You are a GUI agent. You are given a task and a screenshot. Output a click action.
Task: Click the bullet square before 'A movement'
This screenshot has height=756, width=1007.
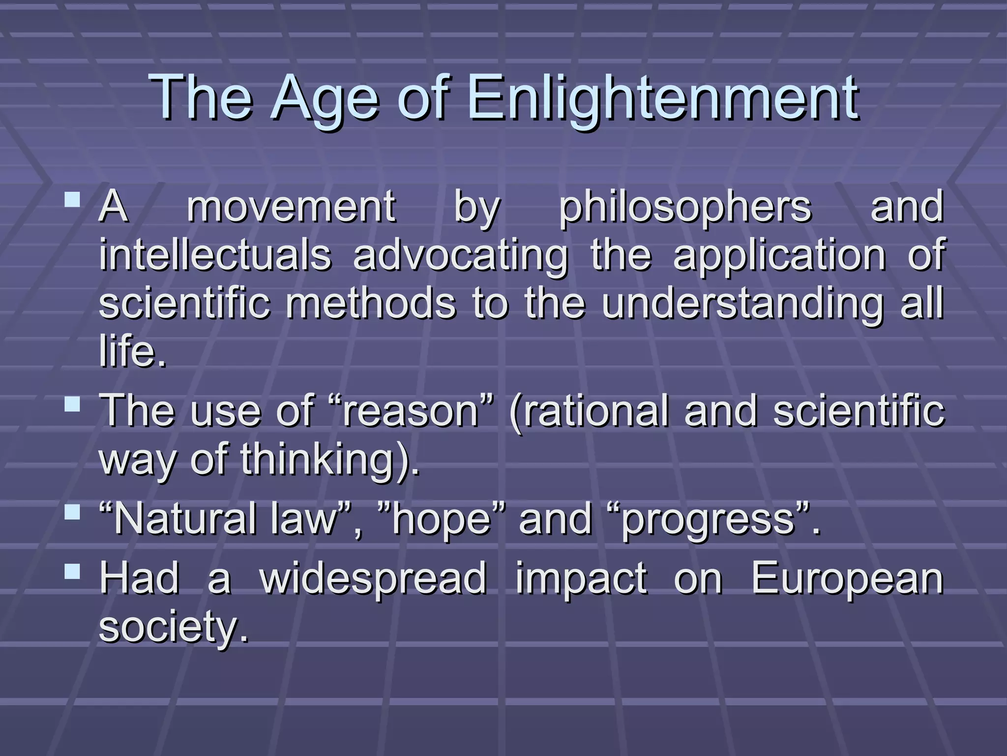click(73, 200)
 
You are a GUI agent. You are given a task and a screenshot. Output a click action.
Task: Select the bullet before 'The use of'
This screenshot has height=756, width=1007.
click(73, 405)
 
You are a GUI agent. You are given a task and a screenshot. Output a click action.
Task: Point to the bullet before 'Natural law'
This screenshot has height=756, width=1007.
click(73, 513)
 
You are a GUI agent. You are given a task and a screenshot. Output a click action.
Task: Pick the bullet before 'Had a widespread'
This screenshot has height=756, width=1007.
click(73, 571)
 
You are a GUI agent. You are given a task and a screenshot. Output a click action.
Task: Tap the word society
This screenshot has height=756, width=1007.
click(173, 628)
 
